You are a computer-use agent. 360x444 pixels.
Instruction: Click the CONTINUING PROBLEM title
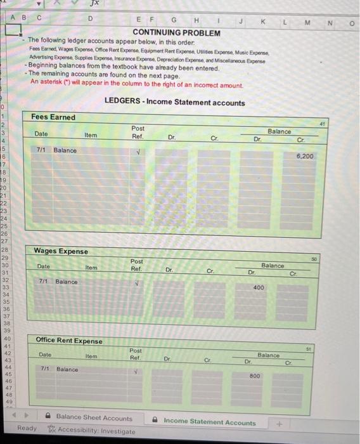[x=176, y=32]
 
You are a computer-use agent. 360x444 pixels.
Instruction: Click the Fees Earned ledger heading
[x=53, y=117]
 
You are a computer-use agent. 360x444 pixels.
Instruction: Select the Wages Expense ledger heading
[x=61, y=252]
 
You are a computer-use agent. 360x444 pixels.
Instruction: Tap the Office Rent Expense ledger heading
[x=68, y=341]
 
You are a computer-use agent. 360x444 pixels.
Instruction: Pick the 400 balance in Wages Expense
[x=260, y=288]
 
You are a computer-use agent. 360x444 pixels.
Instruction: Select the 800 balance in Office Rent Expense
[x=255, y=376]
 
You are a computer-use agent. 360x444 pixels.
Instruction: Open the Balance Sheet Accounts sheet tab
[x=94, y=418]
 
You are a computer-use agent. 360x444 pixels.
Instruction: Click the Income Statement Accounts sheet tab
[x=209, y=422]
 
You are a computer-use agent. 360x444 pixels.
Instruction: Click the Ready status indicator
[x=27, y=428]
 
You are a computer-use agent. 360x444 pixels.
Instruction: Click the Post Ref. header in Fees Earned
[x=138, y=132]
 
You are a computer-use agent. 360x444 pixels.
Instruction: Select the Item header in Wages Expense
[x=91, y=268]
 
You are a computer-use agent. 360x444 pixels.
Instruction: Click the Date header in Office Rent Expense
[x=45, y=355]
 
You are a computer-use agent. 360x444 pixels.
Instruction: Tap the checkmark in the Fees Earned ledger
[x=138, y=151]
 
